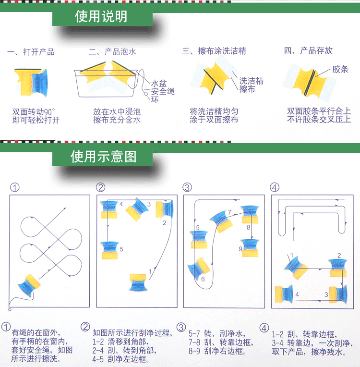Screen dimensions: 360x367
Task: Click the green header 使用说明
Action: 101,16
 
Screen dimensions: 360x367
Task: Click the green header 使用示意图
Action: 103,156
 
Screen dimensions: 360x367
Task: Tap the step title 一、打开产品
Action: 31,52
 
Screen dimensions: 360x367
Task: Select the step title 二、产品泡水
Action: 112,51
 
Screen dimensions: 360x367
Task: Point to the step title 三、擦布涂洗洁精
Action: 214,51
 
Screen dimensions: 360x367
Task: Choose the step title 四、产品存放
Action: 308,50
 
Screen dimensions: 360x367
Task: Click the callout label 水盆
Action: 159,83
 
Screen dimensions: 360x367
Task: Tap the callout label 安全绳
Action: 163,91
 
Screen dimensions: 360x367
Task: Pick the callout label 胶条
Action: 340,69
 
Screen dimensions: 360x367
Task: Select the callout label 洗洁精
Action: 251,81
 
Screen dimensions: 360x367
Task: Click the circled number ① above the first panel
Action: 14,187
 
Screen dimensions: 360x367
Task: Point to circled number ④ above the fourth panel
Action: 275,187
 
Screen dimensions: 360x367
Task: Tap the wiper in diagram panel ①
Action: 29,285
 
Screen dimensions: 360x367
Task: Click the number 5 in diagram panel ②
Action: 121,249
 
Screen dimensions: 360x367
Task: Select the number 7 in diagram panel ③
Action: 229,212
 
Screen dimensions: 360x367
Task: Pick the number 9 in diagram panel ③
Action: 240,249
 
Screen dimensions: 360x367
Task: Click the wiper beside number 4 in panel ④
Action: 284,294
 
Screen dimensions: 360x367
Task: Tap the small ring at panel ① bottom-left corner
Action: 10,309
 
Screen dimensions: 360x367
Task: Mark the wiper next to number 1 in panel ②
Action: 138,282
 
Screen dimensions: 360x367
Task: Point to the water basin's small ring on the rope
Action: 146,94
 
